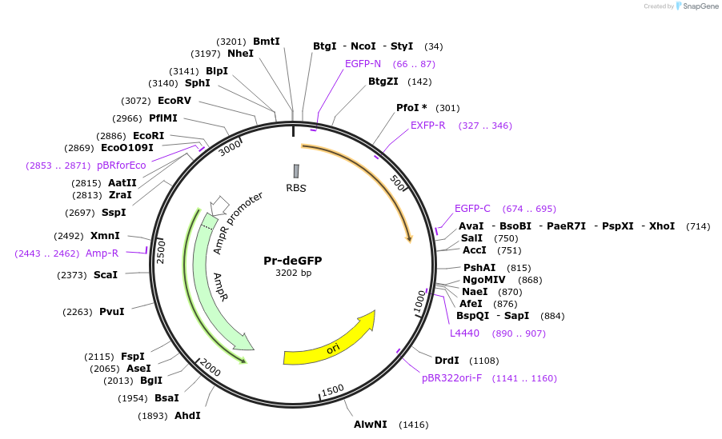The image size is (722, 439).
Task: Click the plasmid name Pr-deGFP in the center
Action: tap(293, 261)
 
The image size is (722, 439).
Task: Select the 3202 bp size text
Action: tap(293, 273)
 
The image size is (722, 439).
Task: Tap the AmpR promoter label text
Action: tap(238, 222)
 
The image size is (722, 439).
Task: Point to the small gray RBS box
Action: tap(296, 171)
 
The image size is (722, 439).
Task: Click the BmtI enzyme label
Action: tap(267, 41)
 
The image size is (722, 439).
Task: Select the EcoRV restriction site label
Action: tap(174, 101)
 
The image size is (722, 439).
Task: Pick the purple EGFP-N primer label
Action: tap(363, 64)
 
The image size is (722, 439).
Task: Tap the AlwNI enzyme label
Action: tap(371, 424)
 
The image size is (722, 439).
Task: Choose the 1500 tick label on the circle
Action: tap(332, 389)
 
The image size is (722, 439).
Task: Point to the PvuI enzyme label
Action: tap(112, 312)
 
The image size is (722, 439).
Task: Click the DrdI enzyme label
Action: tap(447, 361)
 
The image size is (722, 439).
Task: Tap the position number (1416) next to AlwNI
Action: tap(415, 425)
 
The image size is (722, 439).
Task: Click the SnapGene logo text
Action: tap(700, 6)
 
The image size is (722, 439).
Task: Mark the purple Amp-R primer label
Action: tap(102, 253)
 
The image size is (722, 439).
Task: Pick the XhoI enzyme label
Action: tap(662, 226)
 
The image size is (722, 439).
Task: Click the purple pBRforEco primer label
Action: tap(122, 166)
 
